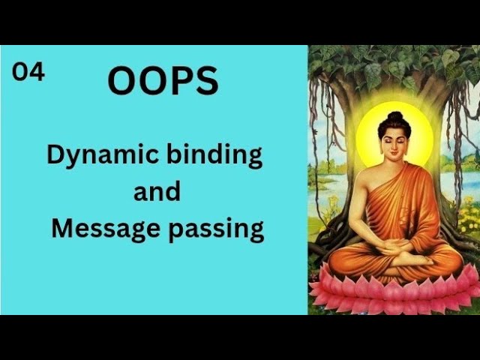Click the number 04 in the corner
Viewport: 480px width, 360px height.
[x=28, y=71]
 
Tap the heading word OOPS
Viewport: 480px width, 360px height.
[x=163, y=81]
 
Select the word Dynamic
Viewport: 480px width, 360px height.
[x=98, y=155]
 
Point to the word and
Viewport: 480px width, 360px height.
[x=157, y=191]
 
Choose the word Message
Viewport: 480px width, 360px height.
[x=104, y=227]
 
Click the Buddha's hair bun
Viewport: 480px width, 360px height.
[x=394, y=117]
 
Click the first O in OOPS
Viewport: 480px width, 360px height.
[x=121, y=81]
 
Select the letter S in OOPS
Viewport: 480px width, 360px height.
[x=205, y=81]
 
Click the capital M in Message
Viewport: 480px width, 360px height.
[x=61, y=227]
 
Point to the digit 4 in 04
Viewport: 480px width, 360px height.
[x=37, y=71]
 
